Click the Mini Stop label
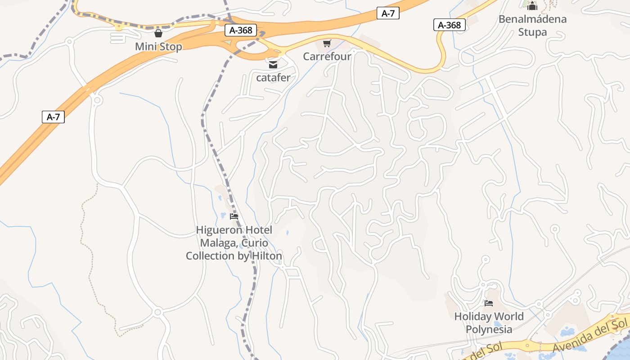point(158,47)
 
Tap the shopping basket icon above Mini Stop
point(158,33)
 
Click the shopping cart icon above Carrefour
point(327,44)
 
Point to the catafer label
point(273,78)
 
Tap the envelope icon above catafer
point(273,65)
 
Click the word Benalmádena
point(532,19)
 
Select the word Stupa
point(532,32)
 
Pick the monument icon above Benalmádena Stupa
point(532,6)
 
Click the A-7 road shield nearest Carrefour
point(388,13)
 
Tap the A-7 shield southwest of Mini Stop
point(54,117)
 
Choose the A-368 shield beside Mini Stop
point(241,31)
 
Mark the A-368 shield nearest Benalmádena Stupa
point(450,25)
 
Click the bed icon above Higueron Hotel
point(234,216)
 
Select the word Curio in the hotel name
point(255,243)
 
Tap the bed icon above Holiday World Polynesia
point(489,303)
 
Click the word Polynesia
point(489,329)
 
